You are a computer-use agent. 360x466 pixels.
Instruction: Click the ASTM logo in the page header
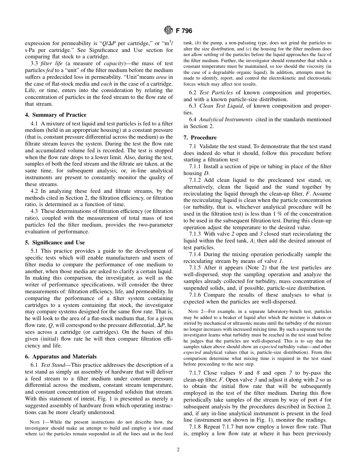click(168, 30)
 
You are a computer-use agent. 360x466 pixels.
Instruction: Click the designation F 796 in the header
click(184, 31)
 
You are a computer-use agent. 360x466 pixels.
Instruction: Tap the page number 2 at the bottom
click(178, 450)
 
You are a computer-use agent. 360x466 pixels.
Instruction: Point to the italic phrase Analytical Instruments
click(226, 119)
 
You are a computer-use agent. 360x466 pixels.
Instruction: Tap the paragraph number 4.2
click(34, 191)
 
